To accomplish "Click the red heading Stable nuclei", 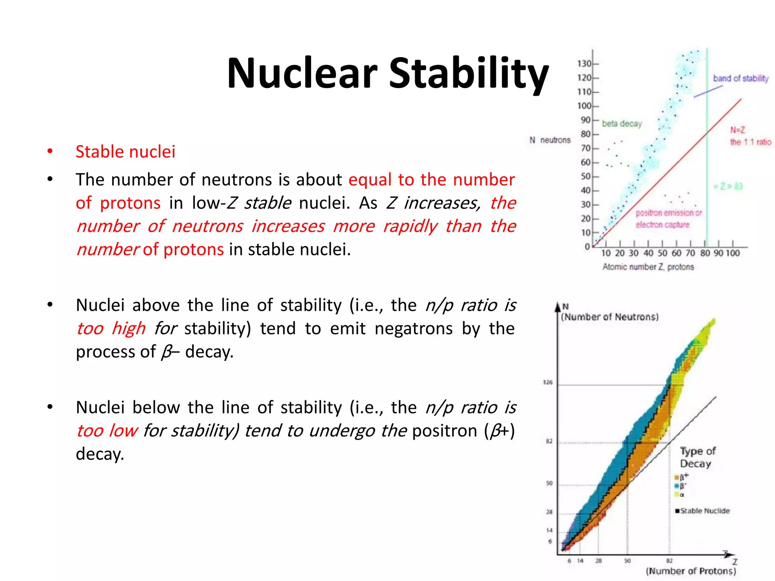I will point(125,152).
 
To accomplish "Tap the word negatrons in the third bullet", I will point(413,328).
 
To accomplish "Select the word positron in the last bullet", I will point(445,431).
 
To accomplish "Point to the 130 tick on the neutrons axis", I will point(584,64).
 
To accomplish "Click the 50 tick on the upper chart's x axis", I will point(662,253).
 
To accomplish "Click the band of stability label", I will point(741,78).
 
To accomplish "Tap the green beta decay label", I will point(622,124).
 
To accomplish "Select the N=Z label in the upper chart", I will point(738,130).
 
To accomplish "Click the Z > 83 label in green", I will point(728,186).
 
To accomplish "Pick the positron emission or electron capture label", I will point(668,219).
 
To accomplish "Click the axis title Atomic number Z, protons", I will point(648,267).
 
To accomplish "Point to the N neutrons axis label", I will point(549,140).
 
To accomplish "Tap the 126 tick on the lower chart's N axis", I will point(548,382).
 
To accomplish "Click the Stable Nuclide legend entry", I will point(704,511).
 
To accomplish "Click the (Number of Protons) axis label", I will point(691,571).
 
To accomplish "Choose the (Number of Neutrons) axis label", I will point(609,317).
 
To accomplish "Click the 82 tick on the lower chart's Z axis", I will point(669,561).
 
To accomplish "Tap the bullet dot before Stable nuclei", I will point(50,152).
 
